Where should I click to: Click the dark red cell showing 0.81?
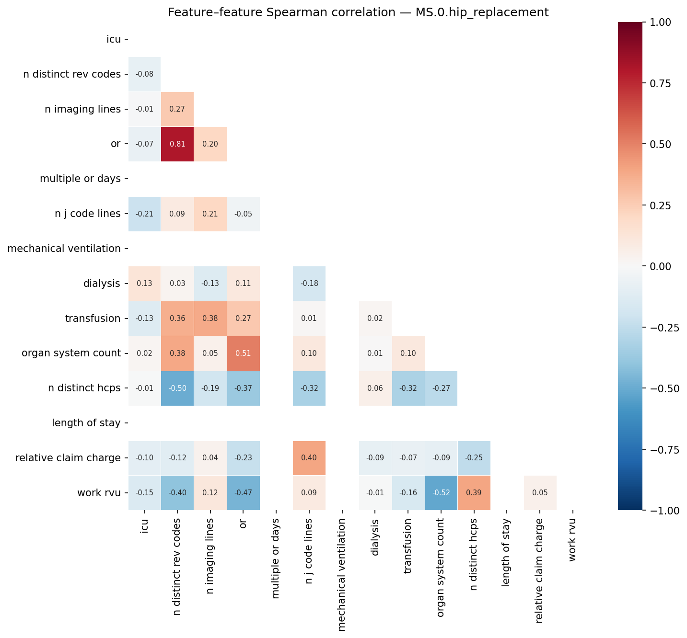click(177, 144)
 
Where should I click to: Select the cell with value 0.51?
click(243, 353)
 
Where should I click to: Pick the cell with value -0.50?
click(177, 388)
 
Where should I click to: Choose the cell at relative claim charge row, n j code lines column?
click(309, 458)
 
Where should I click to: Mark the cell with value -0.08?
click(144, 74)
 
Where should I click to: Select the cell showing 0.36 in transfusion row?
click(177, 319)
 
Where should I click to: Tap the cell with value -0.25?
click(474, 458)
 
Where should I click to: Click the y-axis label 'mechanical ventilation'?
click(64, 249)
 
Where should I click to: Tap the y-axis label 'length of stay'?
click(86, 423)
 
